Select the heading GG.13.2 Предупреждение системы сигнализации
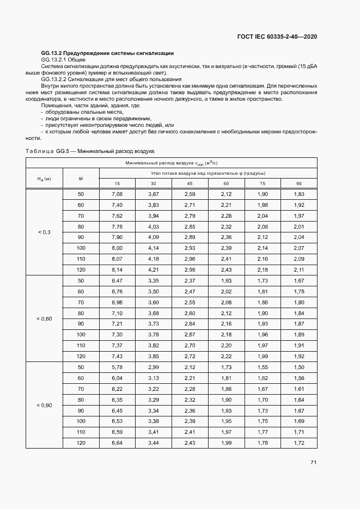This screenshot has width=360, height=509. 107,53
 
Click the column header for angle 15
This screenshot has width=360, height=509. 117,183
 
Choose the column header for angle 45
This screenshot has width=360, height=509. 190,183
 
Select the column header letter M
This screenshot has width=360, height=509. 81,178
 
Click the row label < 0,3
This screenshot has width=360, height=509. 44,232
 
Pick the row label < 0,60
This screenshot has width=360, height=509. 44,318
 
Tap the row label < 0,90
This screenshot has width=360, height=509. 44,405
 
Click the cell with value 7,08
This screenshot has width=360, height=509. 117,194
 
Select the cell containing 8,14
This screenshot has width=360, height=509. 117,270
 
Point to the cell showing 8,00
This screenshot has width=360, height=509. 117,248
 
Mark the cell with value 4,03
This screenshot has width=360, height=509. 154,226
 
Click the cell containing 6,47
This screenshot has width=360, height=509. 117,280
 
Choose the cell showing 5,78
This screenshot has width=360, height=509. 117,367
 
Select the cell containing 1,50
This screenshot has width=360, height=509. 299,367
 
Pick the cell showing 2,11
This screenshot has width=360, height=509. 299,270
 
